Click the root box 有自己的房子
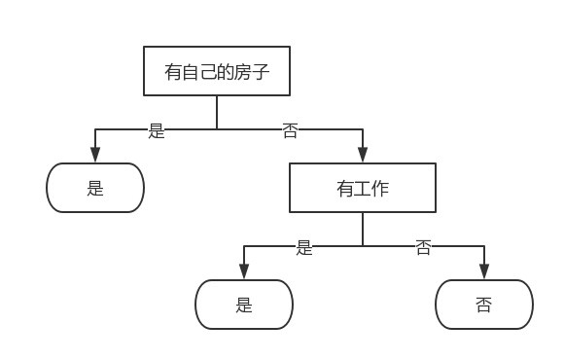click(216, 71)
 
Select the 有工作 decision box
click(362, 188)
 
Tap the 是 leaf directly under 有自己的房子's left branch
click(95, 188)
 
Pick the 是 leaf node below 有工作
click(244, 305)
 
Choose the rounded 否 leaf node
click(483, 305)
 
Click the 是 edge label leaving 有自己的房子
click(157, 130)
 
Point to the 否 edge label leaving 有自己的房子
click(290, 130)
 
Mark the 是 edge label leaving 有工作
click(304, 247)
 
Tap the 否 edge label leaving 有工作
click(423, 247)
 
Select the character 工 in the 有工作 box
click(362, 189)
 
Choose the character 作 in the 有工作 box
click(379, 189)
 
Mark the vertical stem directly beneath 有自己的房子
click(216, 112)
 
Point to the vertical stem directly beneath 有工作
click(362, 229)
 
